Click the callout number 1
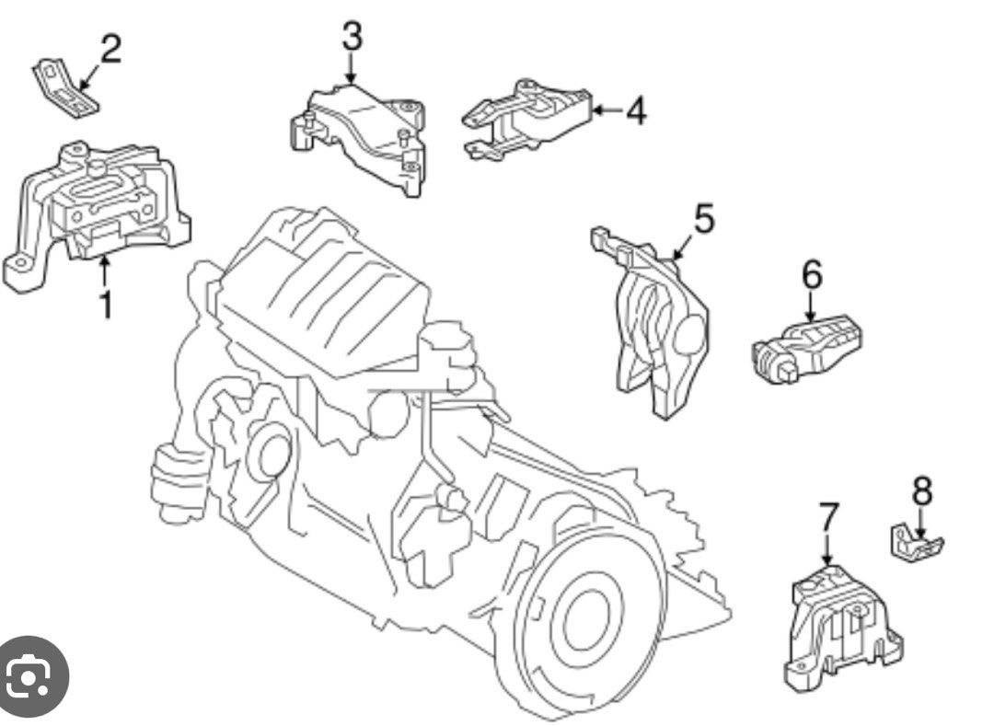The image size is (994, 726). click(106, 304)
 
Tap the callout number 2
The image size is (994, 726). click(110, 49)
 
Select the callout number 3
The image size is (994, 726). click(352, 37)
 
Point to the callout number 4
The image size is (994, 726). click(636, 111)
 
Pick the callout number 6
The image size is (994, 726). click(812, 273)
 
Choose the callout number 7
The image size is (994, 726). click(828, 519)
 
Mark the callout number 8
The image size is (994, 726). click(921, 492)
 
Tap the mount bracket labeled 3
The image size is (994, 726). click(364, 133)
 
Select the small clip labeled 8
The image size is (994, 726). click(913, 543)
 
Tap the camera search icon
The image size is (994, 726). click(30, 678)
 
